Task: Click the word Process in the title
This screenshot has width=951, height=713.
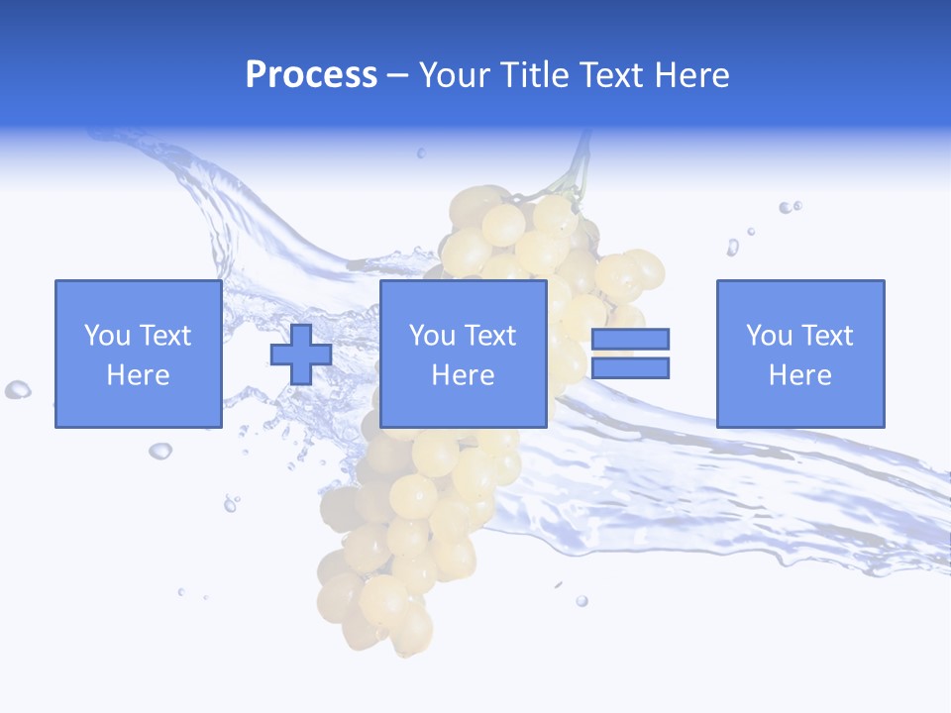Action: click(311, 75)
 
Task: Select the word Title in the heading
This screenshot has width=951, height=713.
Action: click(535, 75)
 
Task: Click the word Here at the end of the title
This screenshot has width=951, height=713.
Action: click(691, 75)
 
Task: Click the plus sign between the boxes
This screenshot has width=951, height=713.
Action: click(301, 355)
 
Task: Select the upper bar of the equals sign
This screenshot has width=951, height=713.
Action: click(630, 339)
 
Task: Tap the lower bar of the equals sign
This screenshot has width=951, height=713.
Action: click(630, 368)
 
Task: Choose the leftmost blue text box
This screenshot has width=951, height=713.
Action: click(138, 354)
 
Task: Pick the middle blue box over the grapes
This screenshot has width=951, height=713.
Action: click(463, 354)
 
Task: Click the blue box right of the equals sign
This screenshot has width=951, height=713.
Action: click(799, 354)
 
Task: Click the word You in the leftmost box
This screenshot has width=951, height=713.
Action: click(106, 336)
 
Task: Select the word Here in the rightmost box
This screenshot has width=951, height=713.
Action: click(799, 375)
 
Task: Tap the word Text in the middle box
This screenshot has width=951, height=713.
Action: click(490, 336)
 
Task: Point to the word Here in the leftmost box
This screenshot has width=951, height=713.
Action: click(138, 375)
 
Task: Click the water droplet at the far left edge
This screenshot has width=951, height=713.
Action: click(17, 390)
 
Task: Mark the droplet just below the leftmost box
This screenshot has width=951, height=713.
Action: click(159, 452)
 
